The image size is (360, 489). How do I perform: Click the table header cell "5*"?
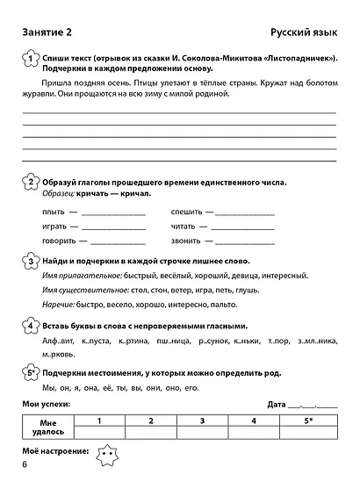click(x=307, y=421)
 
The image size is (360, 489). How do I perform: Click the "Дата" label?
click(x=279, y=405)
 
